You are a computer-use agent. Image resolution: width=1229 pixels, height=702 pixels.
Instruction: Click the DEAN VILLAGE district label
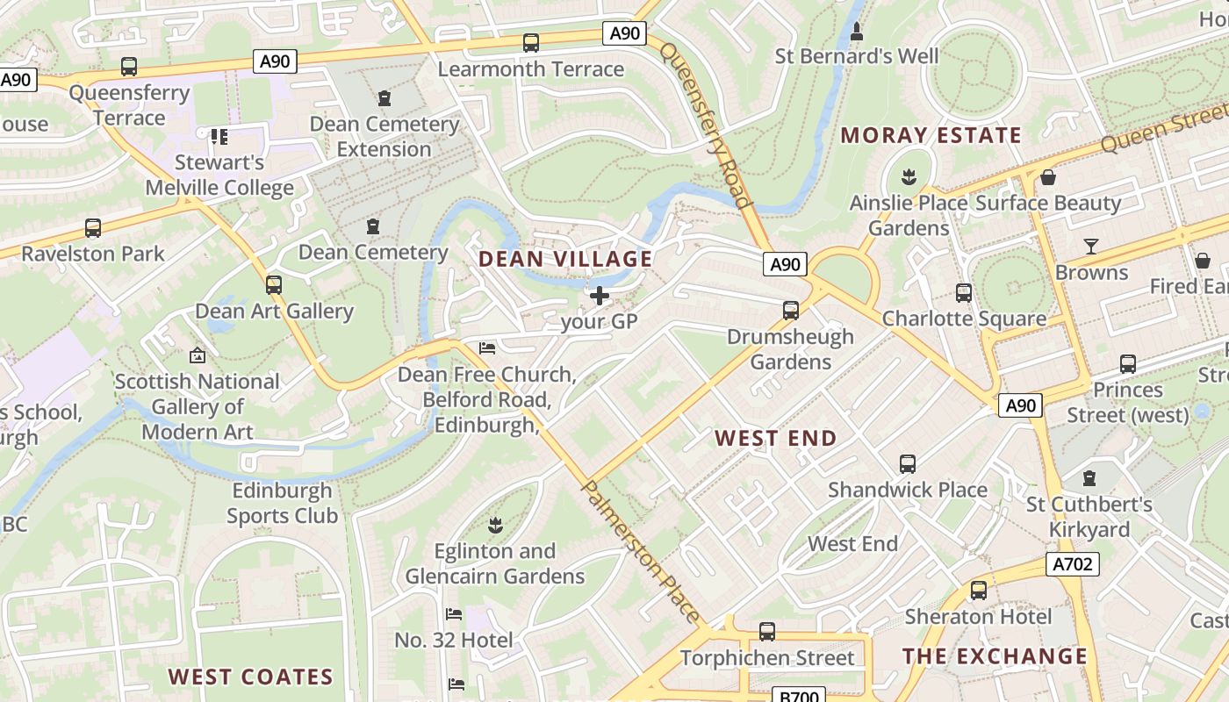(x=565, y=259)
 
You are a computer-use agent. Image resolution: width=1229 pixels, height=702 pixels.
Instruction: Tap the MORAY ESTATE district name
(x=931, y=135)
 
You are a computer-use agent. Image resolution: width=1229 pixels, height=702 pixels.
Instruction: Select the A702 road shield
(x=1073, y=564)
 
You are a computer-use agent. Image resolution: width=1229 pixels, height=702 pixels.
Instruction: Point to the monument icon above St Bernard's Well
(x=857, y=32)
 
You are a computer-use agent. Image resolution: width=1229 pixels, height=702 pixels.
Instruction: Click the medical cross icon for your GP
(x=600, y=296)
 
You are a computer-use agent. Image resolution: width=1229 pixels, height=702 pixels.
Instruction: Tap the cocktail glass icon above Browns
(x=1091, y=247)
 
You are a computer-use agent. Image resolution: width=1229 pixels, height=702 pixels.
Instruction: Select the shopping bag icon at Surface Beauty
(x=1047, y=178)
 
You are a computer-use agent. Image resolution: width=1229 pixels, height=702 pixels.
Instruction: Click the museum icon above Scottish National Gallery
(x=198, y=355)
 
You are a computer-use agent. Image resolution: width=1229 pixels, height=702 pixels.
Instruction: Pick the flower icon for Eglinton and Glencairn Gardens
(x=495, y=526)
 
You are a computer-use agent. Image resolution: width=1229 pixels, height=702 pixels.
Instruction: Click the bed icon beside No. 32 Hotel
(x=454, y=614)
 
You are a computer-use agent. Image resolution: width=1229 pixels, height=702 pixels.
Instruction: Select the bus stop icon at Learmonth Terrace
(x=530, y=42)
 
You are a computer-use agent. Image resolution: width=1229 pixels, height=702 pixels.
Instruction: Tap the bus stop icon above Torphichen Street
(x=766, y=632)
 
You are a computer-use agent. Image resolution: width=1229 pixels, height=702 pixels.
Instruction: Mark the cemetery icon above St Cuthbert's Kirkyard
(x=1089, y=478)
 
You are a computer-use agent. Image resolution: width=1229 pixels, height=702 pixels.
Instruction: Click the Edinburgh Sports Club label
(x=282, y=503)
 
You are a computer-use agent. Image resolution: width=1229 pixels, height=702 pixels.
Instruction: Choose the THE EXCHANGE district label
(x=995, y=656)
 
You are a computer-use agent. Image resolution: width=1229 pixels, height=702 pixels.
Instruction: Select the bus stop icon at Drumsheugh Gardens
(x=790, y=311)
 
